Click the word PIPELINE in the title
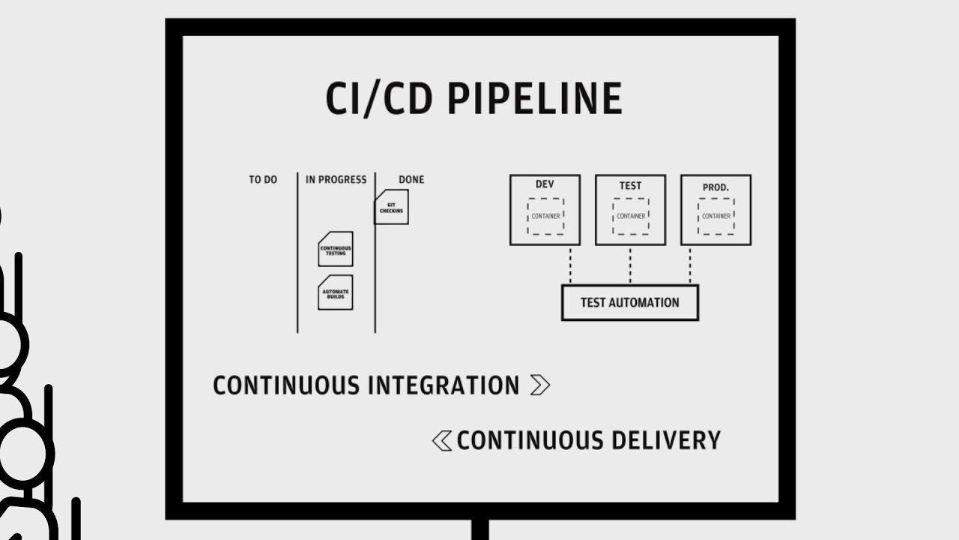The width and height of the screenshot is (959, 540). [534, 98]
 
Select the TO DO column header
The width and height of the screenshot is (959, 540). [263, 180]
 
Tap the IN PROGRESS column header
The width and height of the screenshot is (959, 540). [336, 180]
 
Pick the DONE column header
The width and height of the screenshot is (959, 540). [411, 180]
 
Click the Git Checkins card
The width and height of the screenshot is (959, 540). [391, 207]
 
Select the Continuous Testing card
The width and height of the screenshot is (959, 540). [335, 250]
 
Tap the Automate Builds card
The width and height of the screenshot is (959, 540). [335, 292]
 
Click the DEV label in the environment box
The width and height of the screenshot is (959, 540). [545, 184]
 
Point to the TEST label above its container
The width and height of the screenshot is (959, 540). [630, 184]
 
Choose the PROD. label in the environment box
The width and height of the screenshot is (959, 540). [716, 184]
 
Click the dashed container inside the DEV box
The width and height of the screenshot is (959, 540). [545, 216]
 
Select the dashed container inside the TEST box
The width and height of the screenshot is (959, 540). [630, 216]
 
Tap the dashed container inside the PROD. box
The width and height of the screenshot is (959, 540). [716, 216]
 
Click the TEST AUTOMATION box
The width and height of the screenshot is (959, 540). [629, 303]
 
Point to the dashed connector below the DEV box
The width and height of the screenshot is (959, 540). [570, 265]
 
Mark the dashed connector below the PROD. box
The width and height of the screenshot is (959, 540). [690, 265]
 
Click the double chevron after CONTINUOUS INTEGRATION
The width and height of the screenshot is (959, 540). [539, 385]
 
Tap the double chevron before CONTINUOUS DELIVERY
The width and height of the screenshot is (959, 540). [442, 440]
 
